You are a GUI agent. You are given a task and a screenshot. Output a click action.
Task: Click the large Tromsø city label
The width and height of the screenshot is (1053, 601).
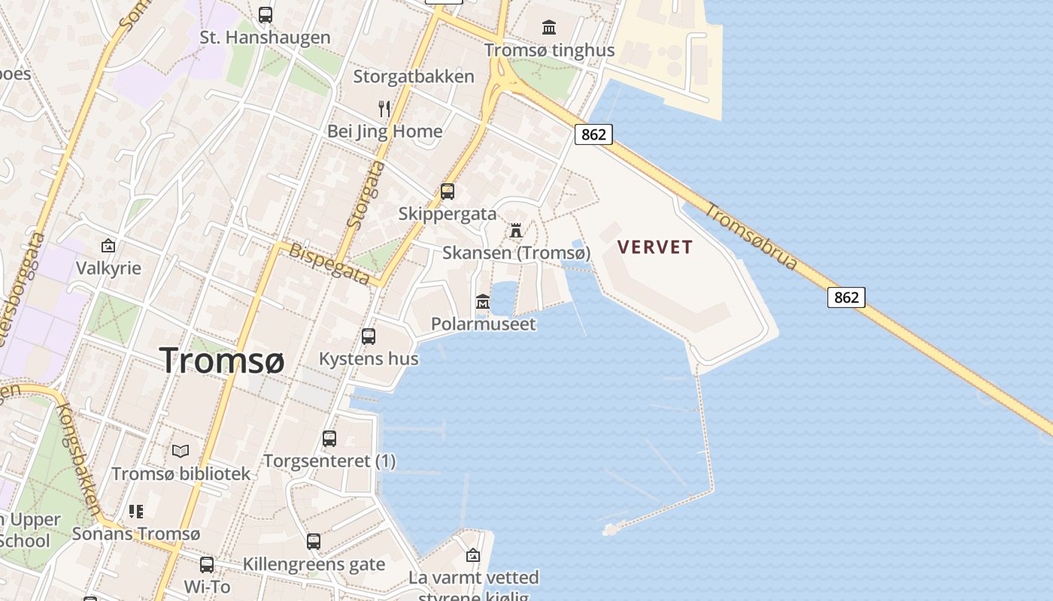222,361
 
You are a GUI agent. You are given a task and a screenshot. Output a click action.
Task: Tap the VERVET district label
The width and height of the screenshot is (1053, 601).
654,246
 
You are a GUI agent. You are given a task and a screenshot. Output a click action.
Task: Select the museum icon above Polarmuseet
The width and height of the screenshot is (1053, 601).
483,302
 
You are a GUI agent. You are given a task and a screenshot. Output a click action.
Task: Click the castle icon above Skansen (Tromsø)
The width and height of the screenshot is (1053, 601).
516,230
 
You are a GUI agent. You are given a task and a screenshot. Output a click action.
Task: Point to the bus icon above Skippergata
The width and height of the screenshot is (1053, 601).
448,192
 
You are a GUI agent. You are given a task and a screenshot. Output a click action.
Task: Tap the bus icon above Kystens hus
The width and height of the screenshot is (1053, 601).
369,337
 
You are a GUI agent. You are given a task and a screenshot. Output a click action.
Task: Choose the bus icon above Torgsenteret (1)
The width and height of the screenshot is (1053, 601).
329,439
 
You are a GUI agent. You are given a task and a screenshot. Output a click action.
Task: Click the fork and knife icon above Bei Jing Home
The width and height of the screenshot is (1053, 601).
384,109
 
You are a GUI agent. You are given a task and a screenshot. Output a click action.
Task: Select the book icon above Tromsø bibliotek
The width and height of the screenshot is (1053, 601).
181,452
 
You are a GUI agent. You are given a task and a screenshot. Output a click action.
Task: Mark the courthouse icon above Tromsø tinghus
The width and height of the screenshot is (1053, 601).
549,28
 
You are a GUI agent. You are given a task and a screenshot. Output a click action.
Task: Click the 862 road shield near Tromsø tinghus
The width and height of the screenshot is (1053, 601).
593,134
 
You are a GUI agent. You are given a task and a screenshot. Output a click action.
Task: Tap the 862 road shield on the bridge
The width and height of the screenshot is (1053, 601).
846,297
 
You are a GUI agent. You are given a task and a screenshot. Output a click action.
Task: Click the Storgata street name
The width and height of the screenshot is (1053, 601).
366,195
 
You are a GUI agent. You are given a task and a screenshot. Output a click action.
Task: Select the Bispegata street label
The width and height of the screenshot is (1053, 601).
329,264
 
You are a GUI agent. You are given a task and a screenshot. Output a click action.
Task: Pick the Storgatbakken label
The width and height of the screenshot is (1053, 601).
414,77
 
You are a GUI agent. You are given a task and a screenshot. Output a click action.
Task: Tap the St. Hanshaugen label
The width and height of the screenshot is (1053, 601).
265,38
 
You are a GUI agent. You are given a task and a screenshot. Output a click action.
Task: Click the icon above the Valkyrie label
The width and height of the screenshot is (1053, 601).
108,246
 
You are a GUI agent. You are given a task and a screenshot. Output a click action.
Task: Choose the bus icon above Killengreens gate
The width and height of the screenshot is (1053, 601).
314,542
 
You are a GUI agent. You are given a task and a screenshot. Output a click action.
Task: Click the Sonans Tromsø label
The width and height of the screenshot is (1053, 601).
136,534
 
